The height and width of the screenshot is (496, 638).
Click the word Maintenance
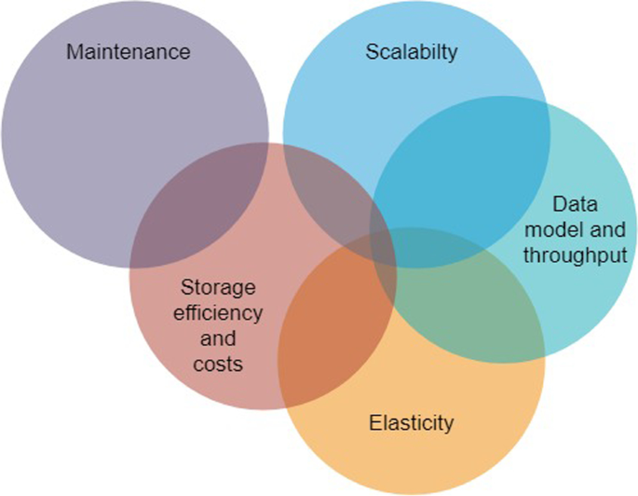pyautogui.click(x=128, y=50)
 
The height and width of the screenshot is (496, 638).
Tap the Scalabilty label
pyautogui.click(x=412, y=50)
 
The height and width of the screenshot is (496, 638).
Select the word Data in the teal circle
pyautogui.click(x=572, y=204)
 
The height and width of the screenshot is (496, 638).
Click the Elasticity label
pyautogui.click(x=410, y=422)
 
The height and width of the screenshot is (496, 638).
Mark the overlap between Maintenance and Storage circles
pyautogui.click(x=200, y=205)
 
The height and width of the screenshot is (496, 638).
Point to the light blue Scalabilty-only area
pyautogui.click(x=373, y=103)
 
